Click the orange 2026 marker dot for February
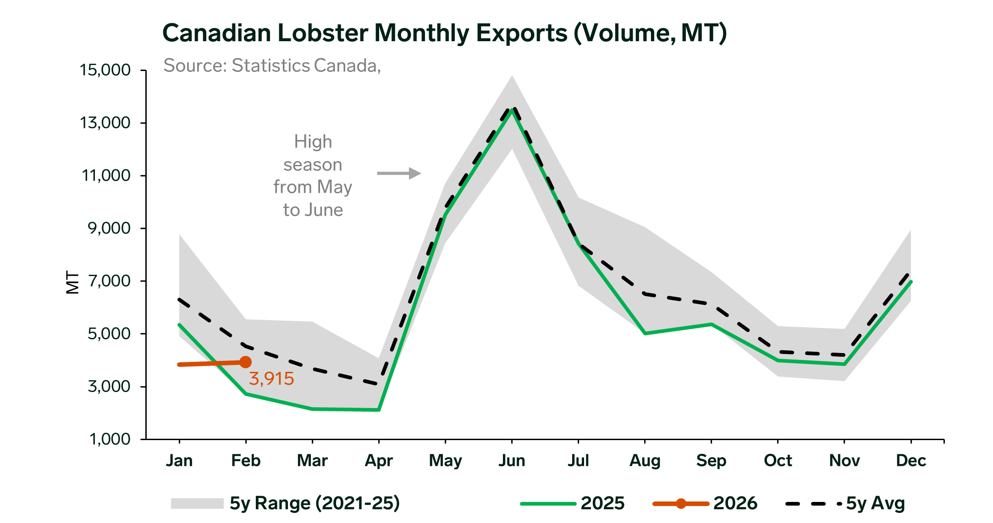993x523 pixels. pyautogui.click(x=246, y=362)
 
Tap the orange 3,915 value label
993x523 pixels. pyautogui.click(x=271, y=379)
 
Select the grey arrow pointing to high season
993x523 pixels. pyautogui.click(x=398, y=173)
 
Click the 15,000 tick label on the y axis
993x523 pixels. pyautogui.click(x=105, y=70)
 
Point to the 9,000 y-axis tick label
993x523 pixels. pyautogui.click(x=109, y=228)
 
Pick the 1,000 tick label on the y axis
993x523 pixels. pyautogui.click(x=109, y=439)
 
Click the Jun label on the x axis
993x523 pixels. pyautogui.click(x=512, y=460)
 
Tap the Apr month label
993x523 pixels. pyautogui.click(x=379, y=460)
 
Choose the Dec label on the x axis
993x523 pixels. pyautogui.click(x=911, y=460)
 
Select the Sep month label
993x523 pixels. pyautogui.click(x=711, y=460)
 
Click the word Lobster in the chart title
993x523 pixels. pyautogui.click(x=323, y=33)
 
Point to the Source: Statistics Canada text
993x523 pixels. pyautogui.click(x=272, y=65)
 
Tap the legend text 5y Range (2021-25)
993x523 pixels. pyautogui.click(x=314, y=503)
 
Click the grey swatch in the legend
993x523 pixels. pyautogui.click(x=197, y=503)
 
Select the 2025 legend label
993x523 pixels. pyautogui.click(x=602, y=503)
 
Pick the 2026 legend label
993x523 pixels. pyautogui.click(x=735, y=503)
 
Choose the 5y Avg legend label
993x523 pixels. pyautogui.click(x=875, y=503)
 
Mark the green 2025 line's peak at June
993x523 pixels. pyautogui.click(x=512, y=110)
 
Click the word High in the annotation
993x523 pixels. pyautogui.click(x=313, y=142)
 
